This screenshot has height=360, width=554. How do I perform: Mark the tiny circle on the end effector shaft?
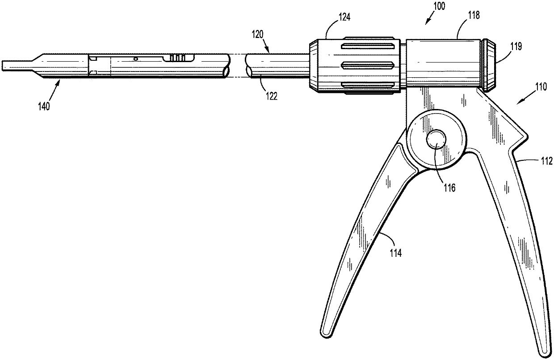[136, 59]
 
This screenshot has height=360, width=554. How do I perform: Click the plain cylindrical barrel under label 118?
[442, 63]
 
